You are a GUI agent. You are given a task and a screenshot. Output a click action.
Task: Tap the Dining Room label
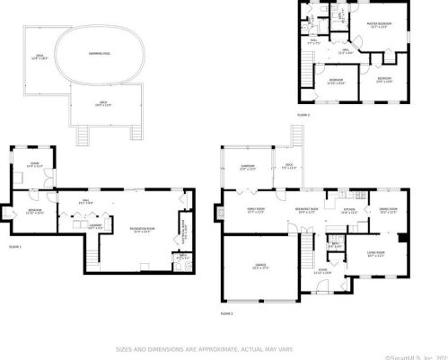coord(388,212)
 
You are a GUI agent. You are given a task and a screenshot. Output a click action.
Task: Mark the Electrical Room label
coord(183,233)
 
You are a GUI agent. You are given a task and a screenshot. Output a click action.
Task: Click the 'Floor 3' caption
coord(303,115)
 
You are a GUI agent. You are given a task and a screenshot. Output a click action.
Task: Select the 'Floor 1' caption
coord(14,244)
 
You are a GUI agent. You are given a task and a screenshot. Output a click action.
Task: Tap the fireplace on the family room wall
coord(218,214)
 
